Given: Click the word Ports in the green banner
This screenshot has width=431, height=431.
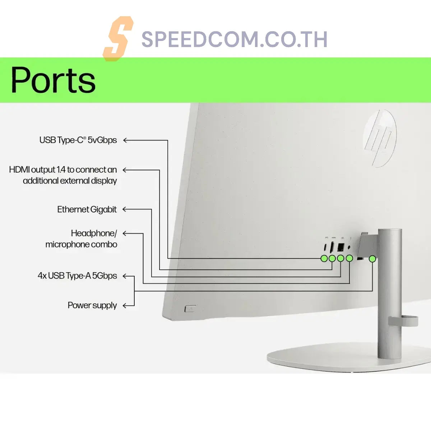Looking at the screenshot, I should tap(53, 80).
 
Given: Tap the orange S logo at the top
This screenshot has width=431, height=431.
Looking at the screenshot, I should tap(117, 38).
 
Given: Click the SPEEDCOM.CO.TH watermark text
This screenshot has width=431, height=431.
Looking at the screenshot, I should tap(234, 39).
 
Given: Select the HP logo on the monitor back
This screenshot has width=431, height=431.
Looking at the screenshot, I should tap(379, 138).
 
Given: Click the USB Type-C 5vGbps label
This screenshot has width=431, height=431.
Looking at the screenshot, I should tap(78, 140).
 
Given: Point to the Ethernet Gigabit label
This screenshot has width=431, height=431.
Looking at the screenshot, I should tap(87, 209).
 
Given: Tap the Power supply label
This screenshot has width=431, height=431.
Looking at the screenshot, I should tap(92, 305).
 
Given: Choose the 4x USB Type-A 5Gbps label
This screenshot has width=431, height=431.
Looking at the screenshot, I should tap(77, 276).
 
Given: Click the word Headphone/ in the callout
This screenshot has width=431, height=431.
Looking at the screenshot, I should tap(94, 233).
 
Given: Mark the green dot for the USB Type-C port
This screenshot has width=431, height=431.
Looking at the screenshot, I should tap(324, 258).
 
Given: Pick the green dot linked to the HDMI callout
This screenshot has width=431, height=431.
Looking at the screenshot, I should tap(332, 258).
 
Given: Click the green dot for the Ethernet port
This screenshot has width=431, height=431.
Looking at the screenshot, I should tap(340, 258).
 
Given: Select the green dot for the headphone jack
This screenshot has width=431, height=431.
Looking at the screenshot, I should tap(349, 258).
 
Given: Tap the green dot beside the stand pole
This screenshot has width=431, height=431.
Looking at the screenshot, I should tap(372, 258).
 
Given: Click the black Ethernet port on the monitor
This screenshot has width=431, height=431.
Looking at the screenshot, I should tap(340, 247).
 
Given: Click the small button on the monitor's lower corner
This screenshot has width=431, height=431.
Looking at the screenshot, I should tap(190, 309).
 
